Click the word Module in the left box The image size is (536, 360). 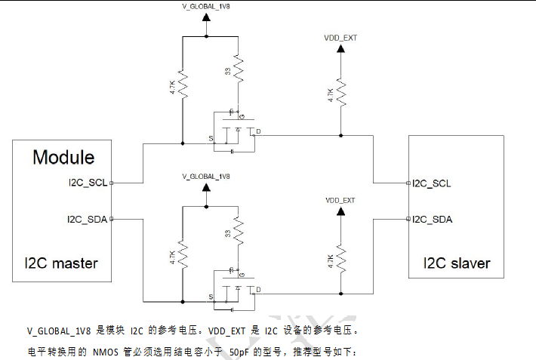click(63, 158)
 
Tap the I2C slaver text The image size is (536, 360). click(456, 263)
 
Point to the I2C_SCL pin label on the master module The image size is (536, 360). click(88, 183)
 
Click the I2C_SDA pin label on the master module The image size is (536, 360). click(88, 219)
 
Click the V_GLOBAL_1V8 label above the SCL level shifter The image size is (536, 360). click(205, 8)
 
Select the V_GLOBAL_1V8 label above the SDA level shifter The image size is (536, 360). click(205, 176)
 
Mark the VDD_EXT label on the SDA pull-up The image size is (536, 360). click(340, 200)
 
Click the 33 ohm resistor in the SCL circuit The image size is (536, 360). click(238, 72)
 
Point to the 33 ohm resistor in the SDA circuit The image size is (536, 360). click(238, 232)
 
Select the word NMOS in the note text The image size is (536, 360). click(106, 352)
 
